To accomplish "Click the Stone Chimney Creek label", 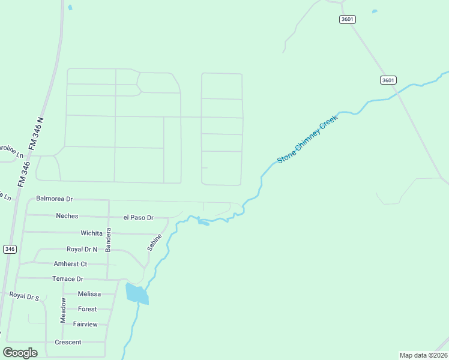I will [x=308, y=139].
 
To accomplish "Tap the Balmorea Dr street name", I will [x=54, y=198].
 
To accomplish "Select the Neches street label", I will [x=67, y=215].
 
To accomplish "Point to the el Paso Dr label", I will [x=139, y=217].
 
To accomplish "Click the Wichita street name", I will [x=92, y=233].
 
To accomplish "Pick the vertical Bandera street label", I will [x=109, y=239].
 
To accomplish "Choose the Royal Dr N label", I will [x=82, y=249].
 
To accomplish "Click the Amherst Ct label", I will [x=70, y=264].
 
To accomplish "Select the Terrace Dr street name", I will [x=68, y=279].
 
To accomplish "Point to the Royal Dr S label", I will [x=24, y=295].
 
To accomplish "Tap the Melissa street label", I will [x=89, y=294].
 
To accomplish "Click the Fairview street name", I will [x=85, y=324].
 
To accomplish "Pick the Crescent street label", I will [x=68, y=342].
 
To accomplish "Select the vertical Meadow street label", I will [x=63, y=310].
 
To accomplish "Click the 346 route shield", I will [x=9, y=249].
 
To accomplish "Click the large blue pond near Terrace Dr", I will [x=136, y=294].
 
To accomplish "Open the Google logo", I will [x=20, y=353].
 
